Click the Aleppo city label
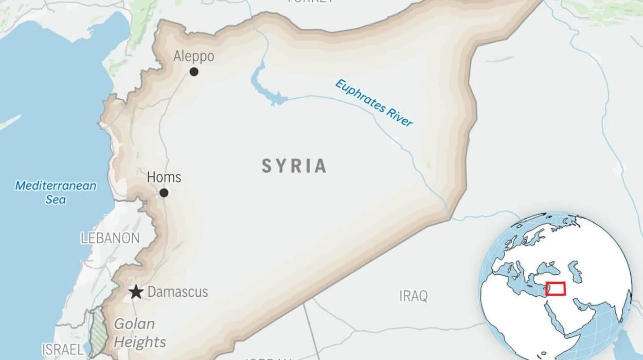[193, 56]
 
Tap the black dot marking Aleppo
[194, 72]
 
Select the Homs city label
[164, 177]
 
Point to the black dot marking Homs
[164, 193]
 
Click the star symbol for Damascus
[136, 292]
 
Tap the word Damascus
[177, 292]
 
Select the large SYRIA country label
[294, 166]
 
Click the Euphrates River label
[374, 103]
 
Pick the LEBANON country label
[110, 238]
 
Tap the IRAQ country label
[414, 296]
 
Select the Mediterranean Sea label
[56, 192]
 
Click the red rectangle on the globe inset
[556, 289]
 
